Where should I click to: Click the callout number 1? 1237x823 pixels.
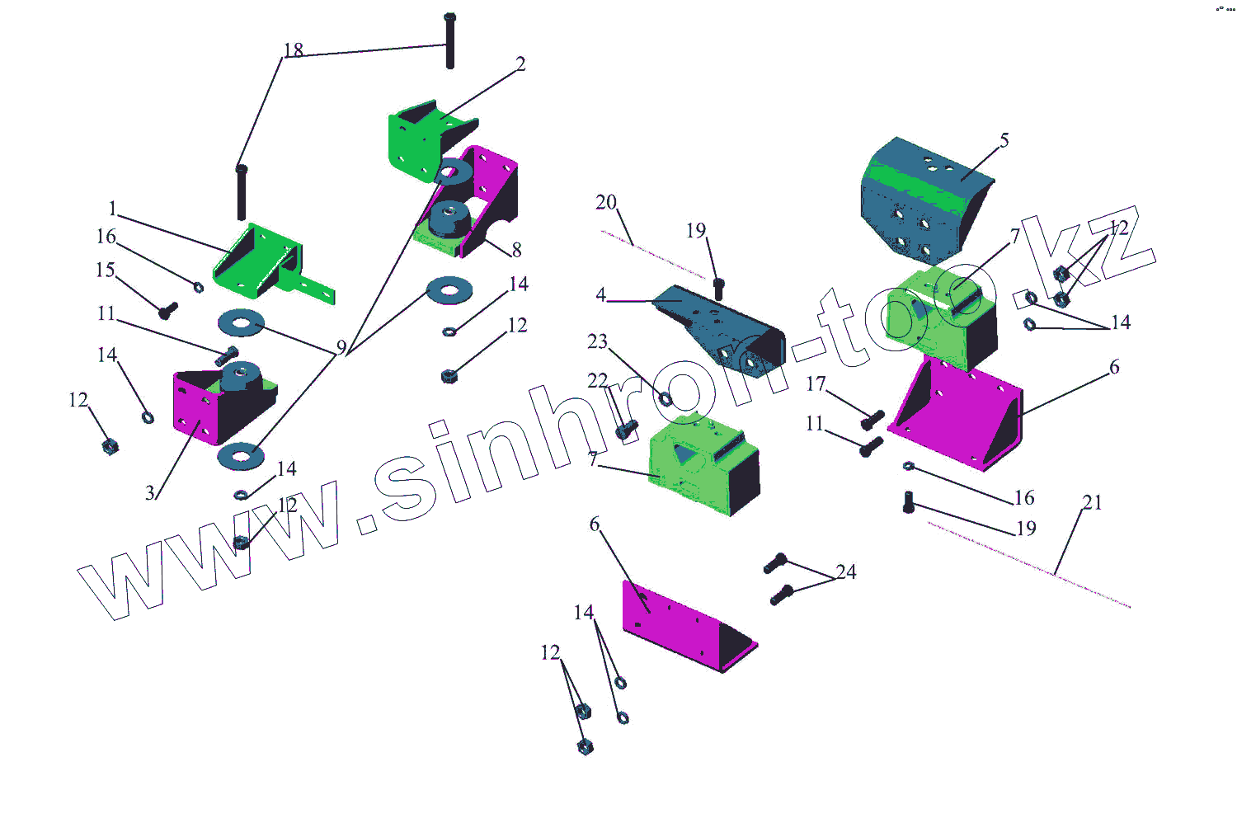click(113, 209)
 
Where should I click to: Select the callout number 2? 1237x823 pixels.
click(520, 64)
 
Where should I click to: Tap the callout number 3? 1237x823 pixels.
click(150, 493)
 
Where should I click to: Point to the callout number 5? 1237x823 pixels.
click(1004, 140)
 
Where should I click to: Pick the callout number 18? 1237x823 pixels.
click(294, 50)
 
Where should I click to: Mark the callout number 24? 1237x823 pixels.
click(846, 571)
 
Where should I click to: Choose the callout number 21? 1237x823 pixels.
click(1092, 502)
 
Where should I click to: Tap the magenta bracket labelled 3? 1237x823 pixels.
click(202, 404)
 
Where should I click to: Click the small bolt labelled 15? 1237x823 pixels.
click(167, 311)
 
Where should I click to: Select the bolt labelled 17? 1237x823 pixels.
click(872, 420)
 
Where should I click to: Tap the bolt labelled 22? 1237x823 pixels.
click(626, 429)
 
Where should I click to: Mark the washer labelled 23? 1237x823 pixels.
click(665, 399)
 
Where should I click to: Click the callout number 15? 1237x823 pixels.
click(105, 270)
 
